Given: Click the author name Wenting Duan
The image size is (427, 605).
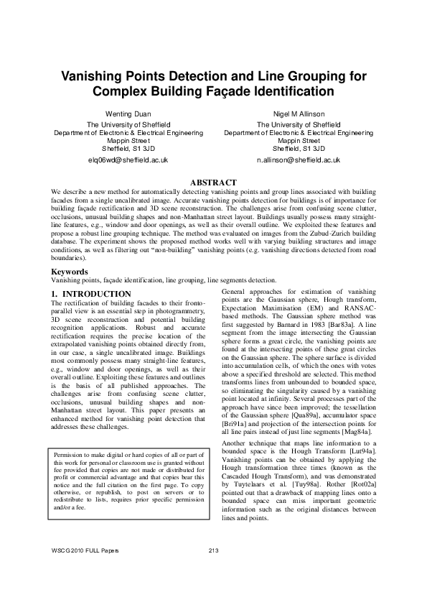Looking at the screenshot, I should click(128, 114).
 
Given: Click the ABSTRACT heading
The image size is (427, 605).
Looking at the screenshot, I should click(212, 183).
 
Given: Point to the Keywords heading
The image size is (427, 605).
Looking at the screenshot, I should click(70, 272).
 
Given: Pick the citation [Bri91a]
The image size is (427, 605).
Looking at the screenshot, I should click(238, 426).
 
